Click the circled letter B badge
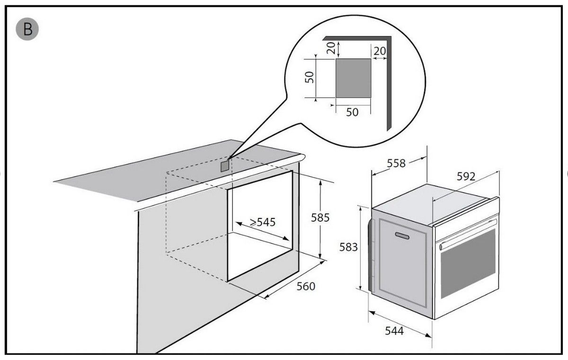pos(27,29)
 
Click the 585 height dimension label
pos(320,218)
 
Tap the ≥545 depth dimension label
pos(262,222)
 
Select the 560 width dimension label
pos(306,287)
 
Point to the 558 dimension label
pos(396,163)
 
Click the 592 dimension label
pos(466,176)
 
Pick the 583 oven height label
pos(348,247)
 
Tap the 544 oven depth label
pos(394,331)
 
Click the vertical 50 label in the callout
pos(310,77)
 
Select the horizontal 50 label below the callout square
pos(352,112)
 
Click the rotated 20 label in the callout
pos(331,48)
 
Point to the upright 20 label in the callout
pos(380,51)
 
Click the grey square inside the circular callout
pos(353,78)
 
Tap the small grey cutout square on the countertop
pos(225,166)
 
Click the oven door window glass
pos(468,263)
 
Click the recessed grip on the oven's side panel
pos(402,236)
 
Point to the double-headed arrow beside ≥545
pos(262,231)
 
